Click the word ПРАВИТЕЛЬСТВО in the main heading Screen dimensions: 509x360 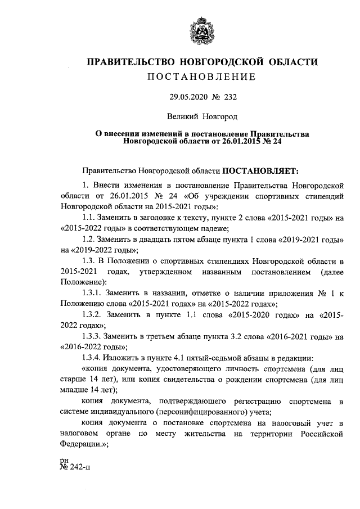point(127,61)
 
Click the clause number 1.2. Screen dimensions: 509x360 point(91,239)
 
